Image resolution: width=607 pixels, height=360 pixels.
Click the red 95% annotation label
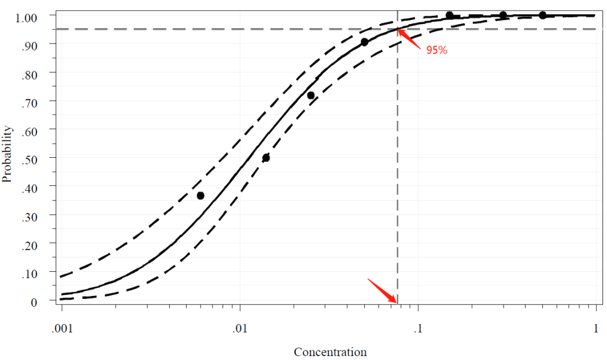[436, 51]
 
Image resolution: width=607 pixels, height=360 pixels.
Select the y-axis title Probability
[7, 154]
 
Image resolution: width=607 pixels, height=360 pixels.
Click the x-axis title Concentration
[330, 352]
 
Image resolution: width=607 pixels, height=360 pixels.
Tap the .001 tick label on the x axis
[62, 327]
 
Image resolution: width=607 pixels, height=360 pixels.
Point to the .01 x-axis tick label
[240, 327]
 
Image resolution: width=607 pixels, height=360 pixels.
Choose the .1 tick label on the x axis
[418, 327]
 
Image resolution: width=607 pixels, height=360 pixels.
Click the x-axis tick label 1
[596, 327]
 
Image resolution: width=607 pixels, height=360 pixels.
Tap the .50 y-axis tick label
[29, 158]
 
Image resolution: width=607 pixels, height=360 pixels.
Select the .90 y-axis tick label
[29, 44]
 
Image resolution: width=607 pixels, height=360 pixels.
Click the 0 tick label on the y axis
[34, 302]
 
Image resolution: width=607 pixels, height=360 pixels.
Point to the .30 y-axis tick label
[29, 216]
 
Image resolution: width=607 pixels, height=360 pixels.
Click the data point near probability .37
[201, 195]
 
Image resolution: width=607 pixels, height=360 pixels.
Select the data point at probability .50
[266, 158]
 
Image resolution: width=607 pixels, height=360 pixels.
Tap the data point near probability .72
[311, 95]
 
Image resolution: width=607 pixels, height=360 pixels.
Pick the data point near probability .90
[364, 42]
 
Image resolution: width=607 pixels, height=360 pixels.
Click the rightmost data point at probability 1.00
[542, 15]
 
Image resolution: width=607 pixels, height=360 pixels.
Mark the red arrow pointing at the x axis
[382, 290]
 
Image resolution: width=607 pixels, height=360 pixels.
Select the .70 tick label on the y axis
[29, 102]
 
